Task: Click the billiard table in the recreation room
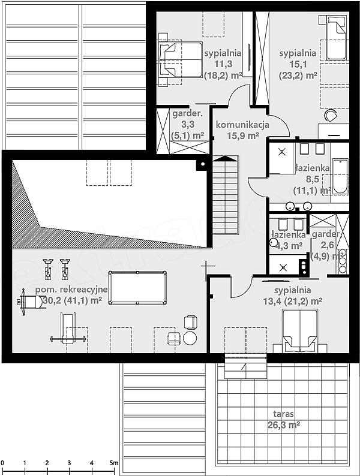click(137, 288)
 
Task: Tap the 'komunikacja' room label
click(242, 125)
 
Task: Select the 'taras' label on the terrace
click(283, 414)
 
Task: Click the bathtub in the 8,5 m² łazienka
click(340, 176)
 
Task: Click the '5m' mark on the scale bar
click(113, 463)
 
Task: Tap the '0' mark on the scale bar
click(2, 463)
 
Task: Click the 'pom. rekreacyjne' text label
click(71, 290)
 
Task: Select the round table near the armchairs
click(190, 338)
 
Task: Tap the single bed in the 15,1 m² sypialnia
click(336, 38)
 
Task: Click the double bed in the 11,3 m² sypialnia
click(181, 59)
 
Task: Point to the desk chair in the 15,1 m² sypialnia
click(331, 116)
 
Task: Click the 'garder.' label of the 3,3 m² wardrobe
click(187, 114)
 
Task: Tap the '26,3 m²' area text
click(284, 424)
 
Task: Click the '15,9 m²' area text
click(243, 135)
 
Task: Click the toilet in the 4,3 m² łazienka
click(274, 242)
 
